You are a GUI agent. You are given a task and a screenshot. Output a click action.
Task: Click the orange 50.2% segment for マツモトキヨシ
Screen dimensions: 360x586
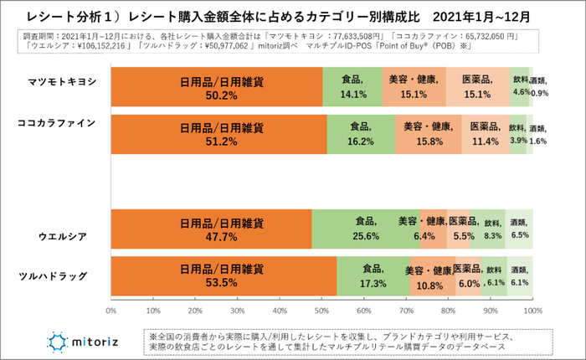click(216, 87)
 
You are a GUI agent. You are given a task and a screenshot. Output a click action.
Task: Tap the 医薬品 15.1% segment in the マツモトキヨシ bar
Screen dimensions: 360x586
click(477, 87)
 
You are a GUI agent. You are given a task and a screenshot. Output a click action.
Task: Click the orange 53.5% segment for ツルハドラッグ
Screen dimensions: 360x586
click(223, 276)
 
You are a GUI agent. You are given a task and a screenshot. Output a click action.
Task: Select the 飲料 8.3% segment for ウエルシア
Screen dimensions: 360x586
click(493, 229)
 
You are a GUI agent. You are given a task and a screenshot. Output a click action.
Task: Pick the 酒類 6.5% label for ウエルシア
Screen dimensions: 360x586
click(519, 229)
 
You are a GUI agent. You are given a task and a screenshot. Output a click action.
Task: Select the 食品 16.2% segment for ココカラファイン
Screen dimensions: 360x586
click(360, 134)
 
